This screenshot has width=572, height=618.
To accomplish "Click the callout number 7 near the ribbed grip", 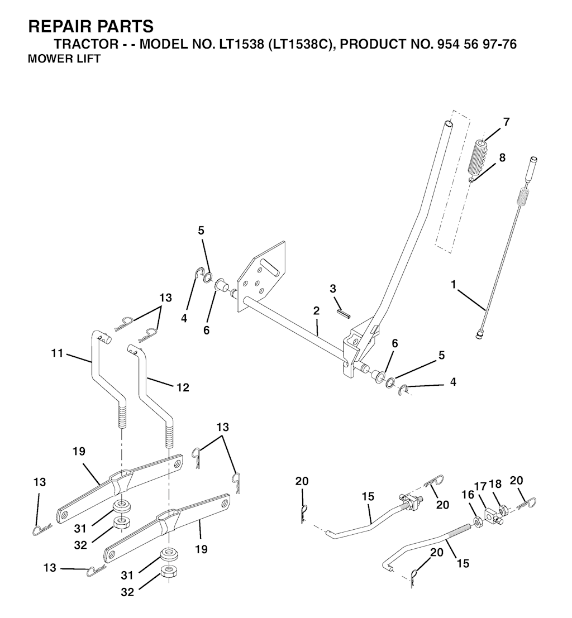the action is (506, 122).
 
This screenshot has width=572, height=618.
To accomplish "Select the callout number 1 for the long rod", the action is (454, 284).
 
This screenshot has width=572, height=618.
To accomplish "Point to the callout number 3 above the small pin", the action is (333, 289).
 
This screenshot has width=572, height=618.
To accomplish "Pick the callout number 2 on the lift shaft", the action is (316, 310).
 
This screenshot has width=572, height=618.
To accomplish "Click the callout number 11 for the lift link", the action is (57, 353).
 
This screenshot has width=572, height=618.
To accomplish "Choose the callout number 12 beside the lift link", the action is (183, 387).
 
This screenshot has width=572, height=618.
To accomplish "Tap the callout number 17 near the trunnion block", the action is (480, 487).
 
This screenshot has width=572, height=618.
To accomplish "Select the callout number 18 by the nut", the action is (495, 483).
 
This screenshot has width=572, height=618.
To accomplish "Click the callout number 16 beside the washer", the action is (468, 495).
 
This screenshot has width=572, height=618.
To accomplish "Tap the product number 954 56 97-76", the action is (477, 44).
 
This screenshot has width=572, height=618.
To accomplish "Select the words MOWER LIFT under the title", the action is (64, 59).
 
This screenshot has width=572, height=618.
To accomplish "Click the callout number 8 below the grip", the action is (502, 157).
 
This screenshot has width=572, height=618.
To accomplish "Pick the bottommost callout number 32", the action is (127, 592).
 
